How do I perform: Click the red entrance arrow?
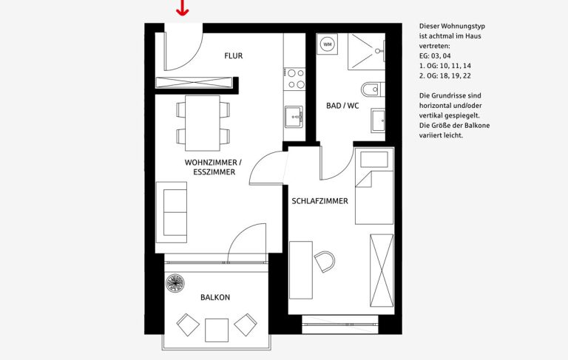click(x=182, y=8)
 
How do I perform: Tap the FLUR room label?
click(x=233, y=55)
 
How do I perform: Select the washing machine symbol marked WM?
click(x=328, y=44)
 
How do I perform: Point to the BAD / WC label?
click(x=342, y=106)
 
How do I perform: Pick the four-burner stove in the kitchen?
click(x=295, y=79)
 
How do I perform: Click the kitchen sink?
click(x=294, y=117)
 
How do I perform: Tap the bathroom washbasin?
click(x=378, y=120)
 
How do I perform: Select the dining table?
click(x=203, y=123)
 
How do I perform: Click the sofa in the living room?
click(x=172, y=212)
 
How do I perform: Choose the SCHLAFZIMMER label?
click(x=319, y=201)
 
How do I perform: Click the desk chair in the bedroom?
click(x=324, y=262)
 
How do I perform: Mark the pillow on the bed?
click(x=374, y=160)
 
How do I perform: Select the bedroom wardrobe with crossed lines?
click(x=382, y=270)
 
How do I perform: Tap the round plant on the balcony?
click(x=175, y=283)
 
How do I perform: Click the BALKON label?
click(x=215, y=297)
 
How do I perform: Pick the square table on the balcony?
click(x=217, y=330)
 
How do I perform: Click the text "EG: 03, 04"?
click(x=435, y=55)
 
